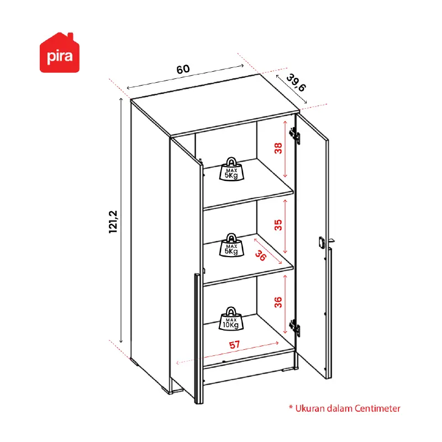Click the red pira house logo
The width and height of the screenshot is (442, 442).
click(x=60, y=53)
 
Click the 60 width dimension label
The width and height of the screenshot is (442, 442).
click(x=183, y=69)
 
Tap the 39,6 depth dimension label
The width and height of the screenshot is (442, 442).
click(x=296, y=83)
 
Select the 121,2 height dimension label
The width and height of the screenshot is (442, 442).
click(x=113, y=222)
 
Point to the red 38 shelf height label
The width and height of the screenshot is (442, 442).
click(x=278, y=148)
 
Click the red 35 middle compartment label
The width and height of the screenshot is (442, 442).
click(x=278, y=225)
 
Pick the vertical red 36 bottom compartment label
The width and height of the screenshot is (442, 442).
click(x=278, y=302)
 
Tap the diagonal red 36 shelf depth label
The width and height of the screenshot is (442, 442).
click(x=261, y=255)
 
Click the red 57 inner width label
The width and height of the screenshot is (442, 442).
click(x=235, y=345)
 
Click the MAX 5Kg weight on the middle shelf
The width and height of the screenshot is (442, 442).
click(x=231, y=245)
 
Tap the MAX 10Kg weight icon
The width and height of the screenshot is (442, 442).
click(x=231, y=318)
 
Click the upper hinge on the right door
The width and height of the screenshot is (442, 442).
click(x=294, y=136)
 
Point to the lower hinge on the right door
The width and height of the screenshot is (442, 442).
click(x=294, y=328)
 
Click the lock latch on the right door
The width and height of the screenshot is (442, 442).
click(x=322, y=242)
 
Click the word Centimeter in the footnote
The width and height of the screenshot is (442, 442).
click(x=377, y=408)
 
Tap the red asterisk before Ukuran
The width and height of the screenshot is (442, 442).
click(x=291, y=407)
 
